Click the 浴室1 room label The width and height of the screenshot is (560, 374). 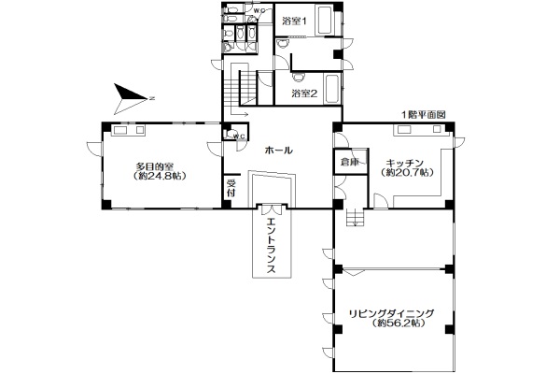coord(294,22)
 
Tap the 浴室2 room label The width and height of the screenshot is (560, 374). coord(304,93)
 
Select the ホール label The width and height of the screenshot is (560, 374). coord(278,151)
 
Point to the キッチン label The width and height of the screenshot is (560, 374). coord(405,164)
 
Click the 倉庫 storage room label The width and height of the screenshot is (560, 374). coord(349,162)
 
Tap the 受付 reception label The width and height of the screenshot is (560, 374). coord(231,188)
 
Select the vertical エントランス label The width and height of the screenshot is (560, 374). coord(272,246)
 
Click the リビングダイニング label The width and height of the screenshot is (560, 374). coord(391,313)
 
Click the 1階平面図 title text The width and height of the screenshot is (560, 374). coord(424,115)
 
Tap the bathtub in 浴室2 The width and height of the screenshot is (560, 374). coord(332,89)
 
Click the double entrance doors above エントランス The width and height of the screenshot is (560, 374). coord(273,209)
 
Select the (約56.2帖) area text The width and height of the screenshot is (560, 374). coord(399,324)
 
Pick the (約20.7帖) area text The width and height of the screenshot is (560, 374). coord(408,172)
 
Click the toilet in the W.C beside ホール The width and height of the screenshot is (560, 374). coord(228,135)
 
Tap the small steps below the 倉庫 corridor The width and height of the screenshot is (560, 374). coord(355,218)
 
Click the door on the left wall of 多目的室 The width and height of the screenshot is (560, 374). coord(94,149)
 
